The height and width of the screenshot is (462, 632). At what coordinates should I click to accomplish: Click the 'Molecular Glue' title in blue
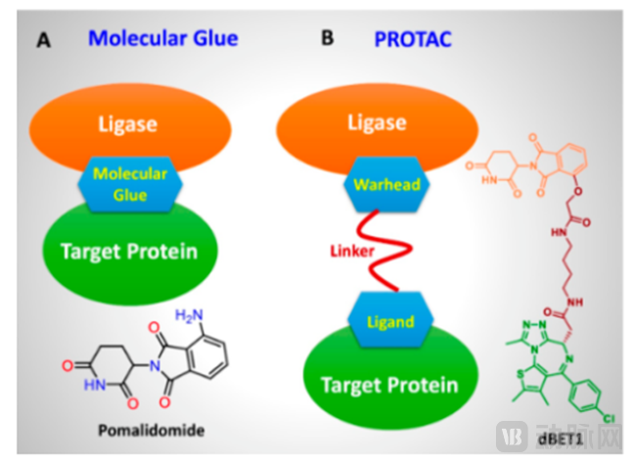[x=162, y=38]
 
